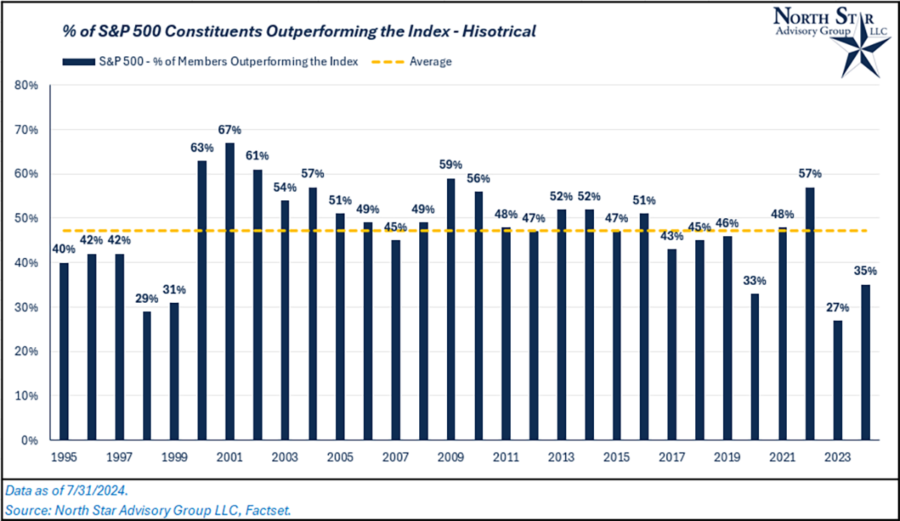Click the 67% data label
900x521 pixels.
pyautogui.click(x=229, y=129)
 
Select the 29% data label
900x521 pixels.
pyautogui.click(x=147, y=298)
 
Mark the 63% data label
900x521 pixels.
pyautogui.click(x=202, y=147)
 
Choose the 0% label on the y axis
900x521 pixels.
pyautogui.click(x=30, y=440)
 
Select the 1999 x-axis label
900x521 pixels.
pyautogui.click(x=174, y=456)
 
